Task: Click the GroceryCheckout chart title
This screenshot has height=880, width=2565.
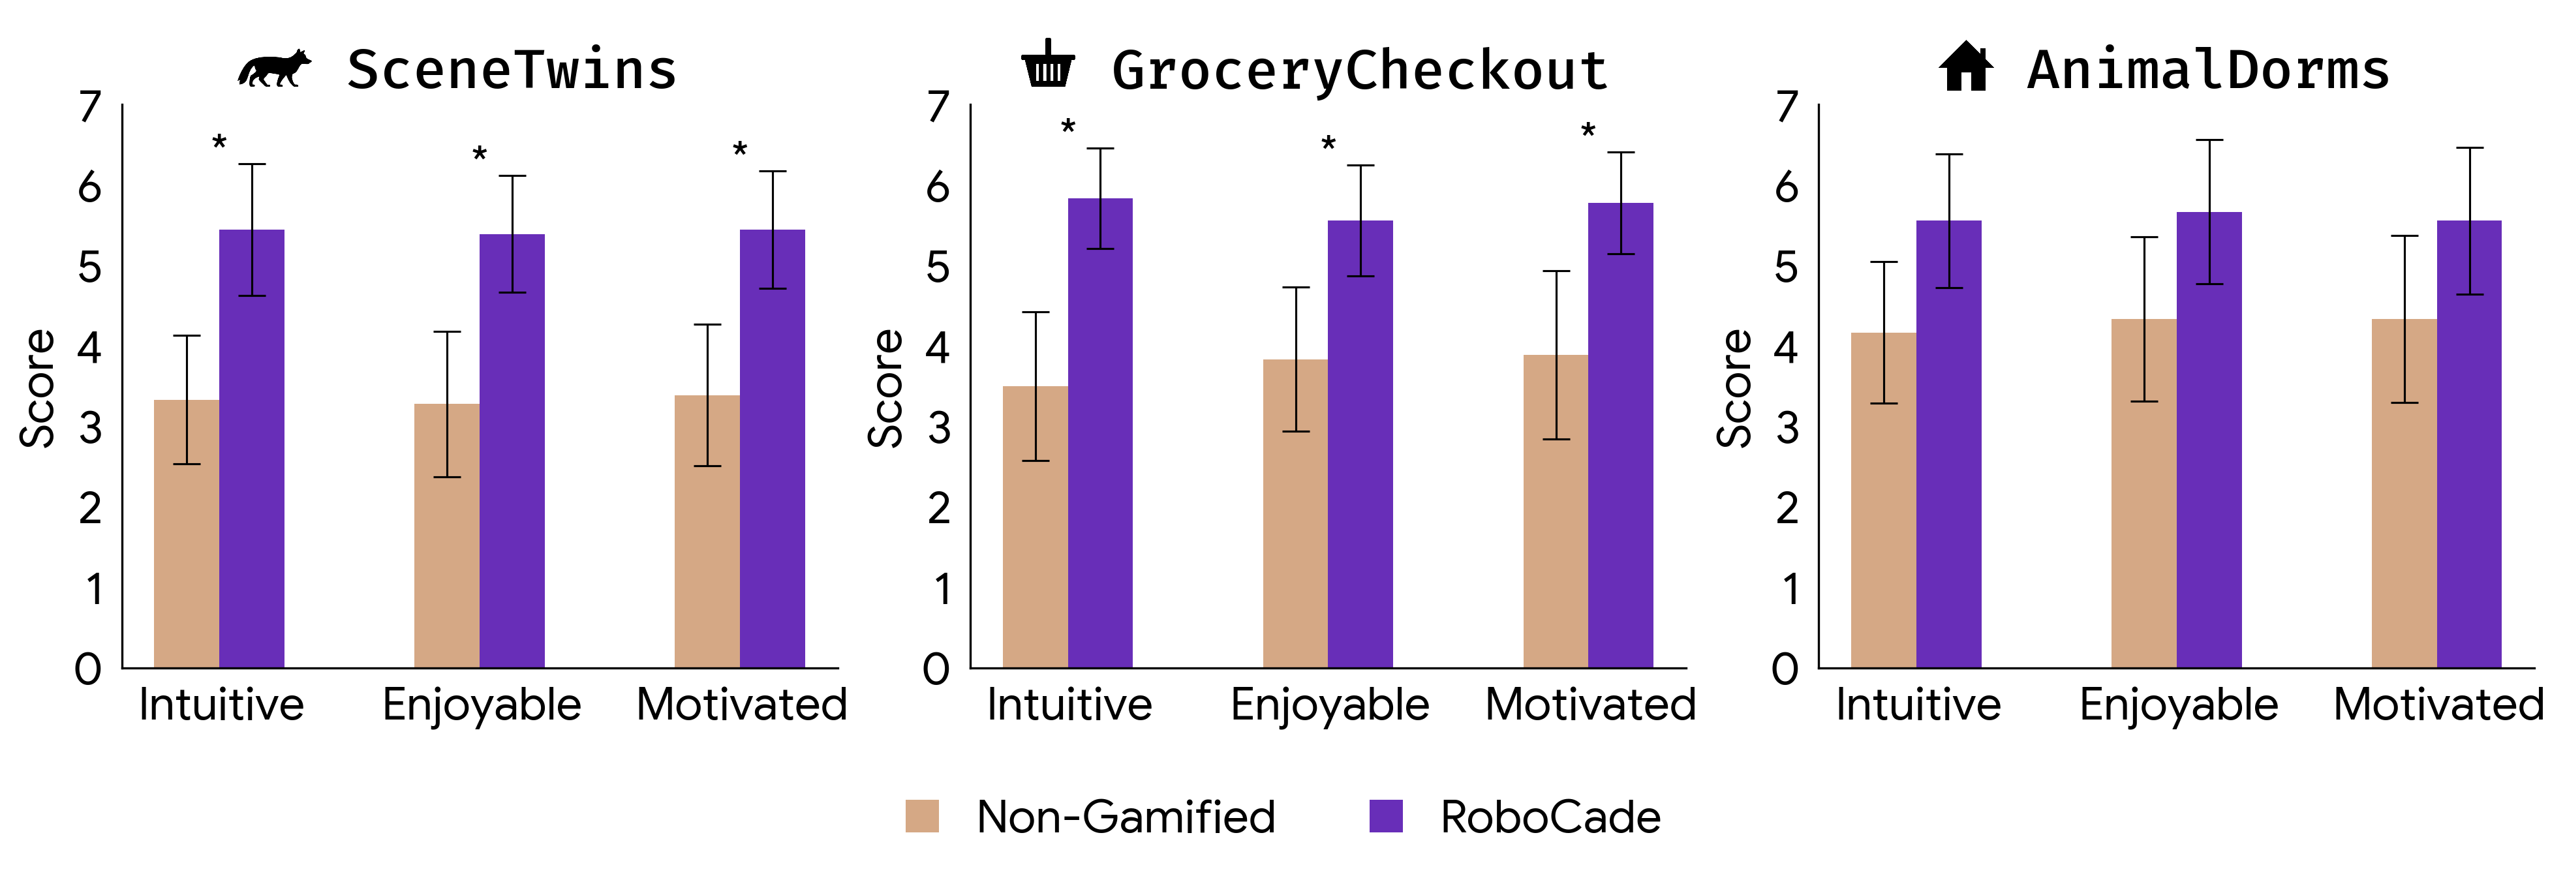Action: [x=1359, y=70]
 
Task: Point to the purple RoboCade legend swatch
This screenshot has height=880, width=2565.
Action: [x=1385, y=815]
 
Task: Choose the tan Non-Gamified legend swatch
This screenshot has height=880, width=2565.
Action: [x=922, y=815]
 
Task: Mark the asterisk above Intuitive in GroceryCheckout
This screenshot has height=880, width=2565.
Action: [x=1068, y=127]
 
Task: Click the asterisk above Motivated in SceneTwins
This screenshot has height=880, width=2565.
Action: [x=740, y=150]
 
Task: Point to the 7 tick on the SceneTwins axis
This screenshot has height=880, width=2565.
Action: [x=91, y=106]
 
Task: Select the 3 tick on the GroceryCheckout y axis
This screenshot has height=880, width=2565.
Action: [x=938, y=428]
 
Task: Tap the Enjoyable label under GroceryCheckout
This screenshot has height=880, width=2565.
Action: [x=1329, y=705]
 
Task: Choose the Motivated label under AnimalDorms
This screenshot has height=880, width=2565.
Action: [x=2438, y=705]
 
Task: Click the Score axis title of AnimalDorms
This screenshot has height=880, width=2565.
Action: [x=1734, y=388]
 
